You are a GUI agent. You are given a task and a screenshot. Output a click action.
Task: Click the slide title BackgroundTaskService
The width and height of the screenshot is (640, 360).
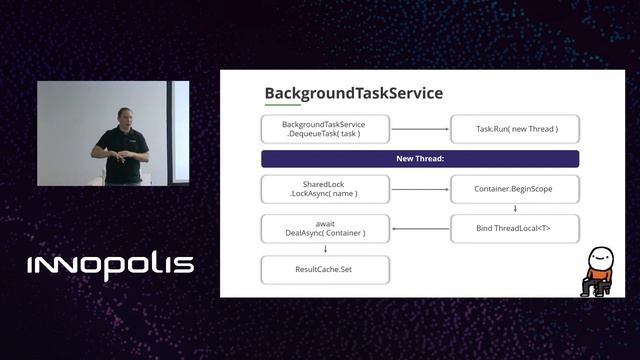click(353, 93)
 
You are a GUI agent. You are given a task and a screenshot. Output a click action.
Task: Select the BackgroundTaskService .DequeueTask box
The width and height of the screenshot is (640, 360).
click(325, 129)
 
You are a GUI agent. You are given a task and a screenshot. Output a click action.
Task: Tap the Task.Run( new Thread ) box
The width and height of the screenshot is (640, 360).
click(514, 129)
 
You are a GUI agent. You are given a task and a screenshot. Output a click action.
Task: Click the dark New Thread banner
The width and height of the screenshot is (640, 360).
click(420, 159)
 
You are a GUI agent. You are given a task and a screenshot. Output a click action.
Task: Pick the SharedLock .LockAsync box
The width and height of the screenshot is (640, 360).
click(325, 189)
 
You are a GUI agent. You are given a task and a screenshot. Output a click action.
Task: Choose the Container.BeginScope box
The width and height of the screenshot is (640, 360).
click(514, 189)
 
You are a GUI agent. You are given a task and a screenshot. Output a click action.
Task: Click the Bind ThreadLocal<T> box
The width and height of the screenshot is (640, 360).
click(514, 229)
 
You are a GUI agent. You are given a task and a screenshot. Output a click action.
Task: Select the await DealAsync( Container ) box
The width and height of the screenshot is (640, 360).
click(325, 229)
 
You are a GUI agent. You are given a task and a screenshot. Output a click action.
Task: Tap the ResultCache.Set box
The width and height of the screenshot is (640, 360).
click(325, 269)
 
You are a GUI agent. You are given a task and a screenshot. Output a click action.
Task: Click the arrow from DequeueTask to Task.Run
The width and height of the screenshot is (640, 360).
click(420, 129)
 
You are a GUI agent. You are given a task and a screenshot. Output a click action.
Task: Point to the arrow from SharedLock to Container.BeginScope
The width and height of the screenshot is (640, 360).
click(420, 189)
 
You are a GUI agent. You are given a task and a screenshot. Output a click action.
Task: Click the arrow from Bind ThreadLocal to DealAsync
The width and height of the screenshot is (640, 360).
click(420, 229)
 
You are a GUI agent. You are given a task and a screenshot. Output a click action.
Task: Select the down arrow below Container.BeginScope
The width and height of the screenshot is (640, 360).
click(514, 209)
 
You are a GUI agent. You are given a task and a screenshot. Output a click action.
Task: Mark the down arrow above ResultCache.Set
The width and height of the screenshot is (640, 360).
click(325, 249)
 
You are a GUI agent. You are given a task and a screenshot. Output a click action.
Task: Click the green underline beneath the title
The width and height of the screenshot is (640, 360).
click(282, 105)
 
